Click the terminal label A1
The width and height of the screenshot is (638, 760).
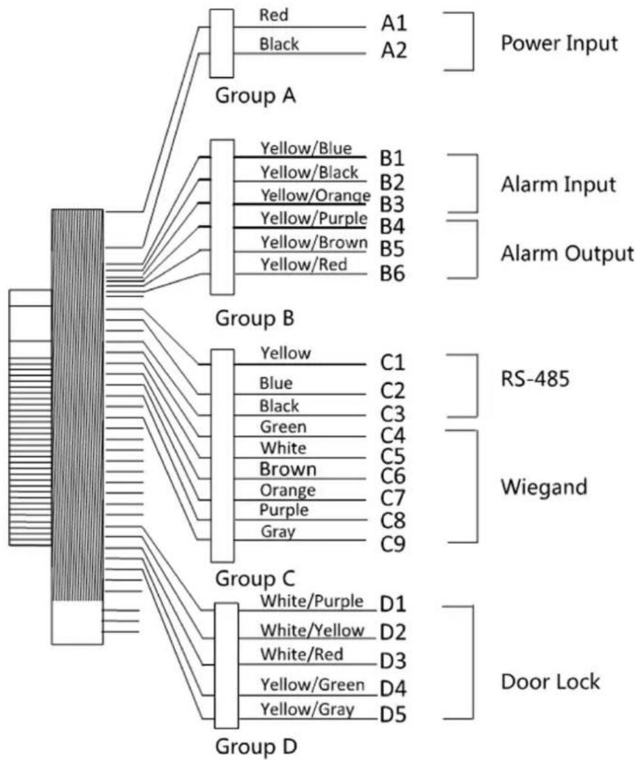coord(394,23)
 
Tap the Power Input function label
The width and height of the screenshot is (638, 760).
coord(559,43)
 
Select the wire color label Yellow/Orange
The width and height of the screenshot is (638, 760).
coord(316,195)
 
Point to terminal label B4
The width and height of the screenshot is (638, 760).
coord(392,227)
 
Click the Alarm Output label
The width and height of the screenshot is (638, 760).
coord(567,254)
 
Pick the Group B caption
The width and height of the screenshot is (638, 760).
coord(255,319)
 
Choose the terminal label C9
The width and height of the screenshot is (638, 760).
coord(393,544)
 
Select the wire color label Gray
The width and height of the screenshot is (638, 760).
coord(278,532)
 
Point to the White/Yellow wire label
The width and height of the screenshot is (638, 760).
coord(312,630)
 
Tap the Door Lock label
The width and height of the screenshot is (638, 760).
coord(550,682)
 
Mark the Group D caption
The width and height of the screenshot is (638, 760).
coord(255,746)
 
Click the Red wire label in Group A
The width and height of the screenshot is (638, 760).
coord(273,15)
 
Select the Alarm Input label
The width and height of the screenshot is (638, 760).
coord(558,185)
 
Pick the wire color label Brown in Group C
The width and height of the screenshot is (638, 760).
coord(288,469)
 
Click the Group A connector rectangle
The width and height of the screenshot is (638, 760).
coord(222,43)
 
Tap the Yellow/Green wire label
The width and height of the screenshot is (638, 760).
coord(312,685)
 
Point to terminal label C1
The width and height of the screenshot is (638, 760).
coord(392,362)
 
